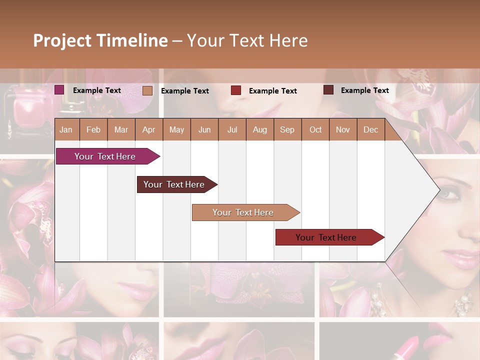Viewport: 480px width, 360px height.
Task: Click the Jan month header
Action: pyautogui.click(x=66, y=129)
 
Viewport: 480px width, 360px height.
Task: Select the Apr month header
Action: pyautogui.click(x=148, y=129)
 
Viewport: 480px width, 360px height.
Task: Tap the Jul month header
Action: pyautogui.click(x=232, y=129)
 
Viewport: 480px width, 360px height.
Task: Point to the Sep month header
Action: pyautogui.click(x=287, y=129)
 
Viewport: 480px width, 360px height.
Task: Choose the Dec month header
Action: pyautogui.click(x=370, y=129)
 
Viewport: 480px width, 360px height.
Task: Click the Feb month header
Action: pyautogui.click(x=93, y=129)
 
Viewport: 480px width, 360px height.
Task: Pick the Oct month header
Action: pyautogui.click(x=315, y=129)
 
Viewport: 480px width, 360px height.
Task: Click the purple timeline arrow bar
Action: pyautogui.click(x=105, y=156)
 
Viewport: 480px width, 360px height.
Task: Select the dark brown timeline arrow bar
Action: pyautogui.click(x=174, y=184)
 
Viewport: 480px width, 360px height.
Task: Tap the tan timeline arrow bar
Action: pyautogui.click(x=243, y=212)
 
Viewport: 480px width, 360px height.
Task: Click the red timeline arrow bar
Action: pyautogui.click(x=326, y=237)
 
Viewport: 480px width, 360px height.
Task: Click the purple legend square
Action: pyautogui.click(x=59, y=90)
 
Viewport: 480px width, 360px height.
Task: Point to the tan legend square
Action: pyautogui.click(x=147, y=90)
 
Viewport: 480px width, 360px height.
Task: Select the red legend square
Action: pyautogui.click(x=236, y=90)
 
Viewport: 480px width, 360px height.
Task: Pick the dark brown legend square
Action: pyautogui.click(x=328, y=90)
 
